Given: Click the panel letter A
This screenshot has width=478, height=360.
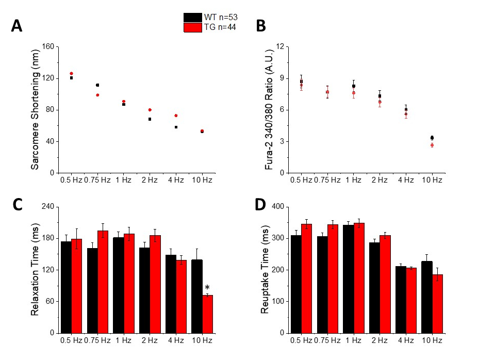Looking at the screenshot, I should click(17, 26).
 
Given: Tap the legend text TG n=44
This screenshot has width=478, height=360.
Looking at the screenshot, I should click(220, 27).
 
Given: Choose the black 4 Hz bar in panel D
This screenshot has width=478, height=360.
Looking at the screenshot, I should click(400, 299).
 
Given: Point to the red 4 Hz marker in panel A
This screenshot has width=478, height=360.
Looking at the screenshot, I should click(176, 116).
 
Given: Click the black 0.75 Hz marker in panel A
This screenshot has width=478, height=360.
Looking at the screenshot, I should click(97, 85).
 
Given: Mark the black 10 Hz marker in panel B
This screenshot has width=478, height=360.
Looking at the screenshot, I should click(432, 138).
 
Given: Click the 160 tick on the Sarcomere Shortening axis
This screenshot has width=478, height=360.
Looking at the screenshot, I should click(47, 47).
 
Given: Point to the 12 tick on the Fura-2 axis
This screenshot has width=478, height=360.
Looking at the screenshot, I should click(280, 47).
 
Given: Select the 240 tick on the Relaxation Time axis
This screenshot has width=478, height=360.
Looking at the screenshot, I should click(47, 207).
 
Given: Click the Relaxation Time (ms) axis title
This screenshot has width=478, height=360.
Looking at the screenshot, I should click(35, 269).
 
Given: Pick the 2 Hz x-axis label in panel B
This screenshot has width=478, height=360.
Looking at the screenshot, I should click(380, 180).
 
